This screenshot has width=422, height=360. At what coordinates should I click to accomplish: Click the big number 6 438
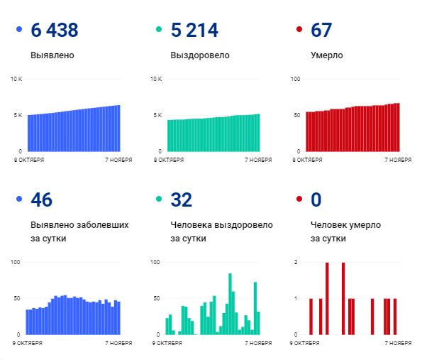tap(55, 31)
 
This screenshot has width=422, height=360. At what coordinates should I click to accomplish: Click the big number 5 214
tap(194, 31)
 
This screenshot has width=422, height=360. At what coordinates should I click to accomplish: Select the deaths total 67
tap(321, 31)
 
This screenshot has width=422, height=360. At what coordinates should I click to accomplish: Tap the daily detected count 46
tap(43, 200)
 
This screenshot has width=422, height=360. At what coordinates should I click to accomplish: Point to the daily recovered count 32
tap(182, 200)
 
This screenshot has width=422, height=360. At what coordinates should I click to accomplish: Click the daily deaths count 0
tap(316, 200)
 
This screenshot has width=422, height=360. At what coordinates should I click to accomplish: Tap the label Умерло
tap(327, 55)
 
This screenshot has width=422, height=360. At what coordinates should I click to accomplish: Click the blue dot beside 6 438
tap(18, 31)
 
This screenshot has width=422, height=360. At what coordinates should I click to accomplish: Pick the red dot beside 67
tap(299, 31)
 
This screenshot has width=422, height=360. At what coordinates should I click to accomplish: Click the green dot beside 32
tap(159, 200)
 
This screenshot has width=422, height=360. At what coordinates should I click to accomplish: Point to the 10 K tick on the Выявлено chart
tap(16, 78)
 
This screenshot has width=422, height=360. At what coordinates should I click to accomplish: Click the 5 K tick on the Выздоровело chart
tap(158, 115)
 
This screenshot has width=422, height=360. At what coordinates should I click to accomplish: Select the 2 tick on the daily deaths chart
tap(295, 262)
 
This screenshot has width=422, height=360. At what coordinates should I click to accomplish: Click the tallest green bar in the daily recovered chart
tap(230, 304)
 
